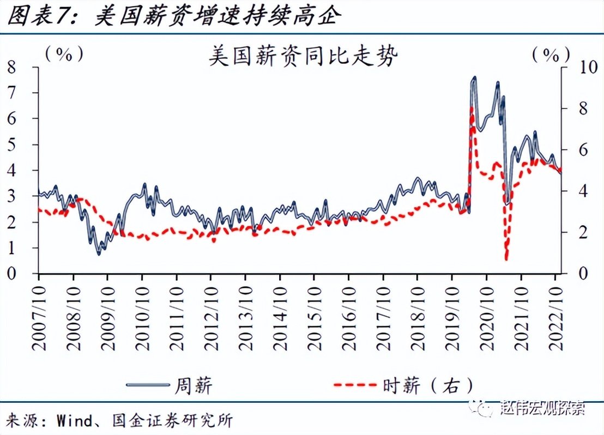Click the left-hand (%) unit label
(64, 54)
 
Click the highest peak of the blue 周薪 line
(474, 78)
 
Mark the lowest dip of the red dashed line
(506, 258)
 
